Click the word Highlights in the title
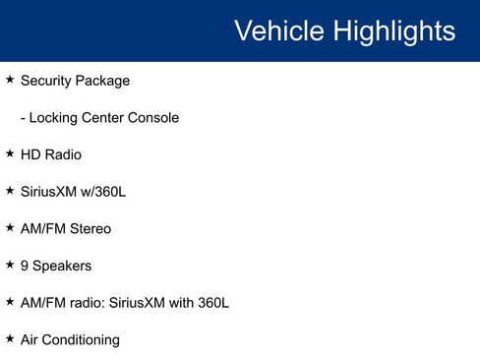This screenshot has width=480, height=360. (x=394, y=31)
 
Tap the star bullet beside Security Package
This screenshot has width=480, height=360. (x=10, y=80)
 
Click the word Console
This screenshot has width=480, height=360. (x=152, y=118)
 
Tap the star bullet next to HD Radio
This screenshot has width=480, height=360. (x=10, y=153)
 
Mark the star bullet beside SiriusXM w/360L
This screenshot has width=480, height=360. (x=10, y=191)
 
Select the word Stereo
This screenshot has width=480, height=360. (x=90, y=228)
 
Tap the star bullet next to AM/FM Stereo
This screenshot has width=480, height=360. (x=10, y=227)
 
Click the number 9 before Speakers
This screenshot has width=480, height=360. (x=25, y=266)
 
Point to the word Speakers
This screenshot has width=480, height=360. (x=62, y=266)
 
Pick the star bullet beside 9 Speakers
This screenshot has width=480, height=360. (x=10, y=265)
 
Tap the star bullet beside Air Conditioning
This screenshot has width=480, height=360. (x=10, y=338)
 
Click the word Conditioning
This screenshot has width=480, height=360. (x=83, y=340)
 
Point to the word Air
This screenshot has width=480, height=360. (x=30, y=339)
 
